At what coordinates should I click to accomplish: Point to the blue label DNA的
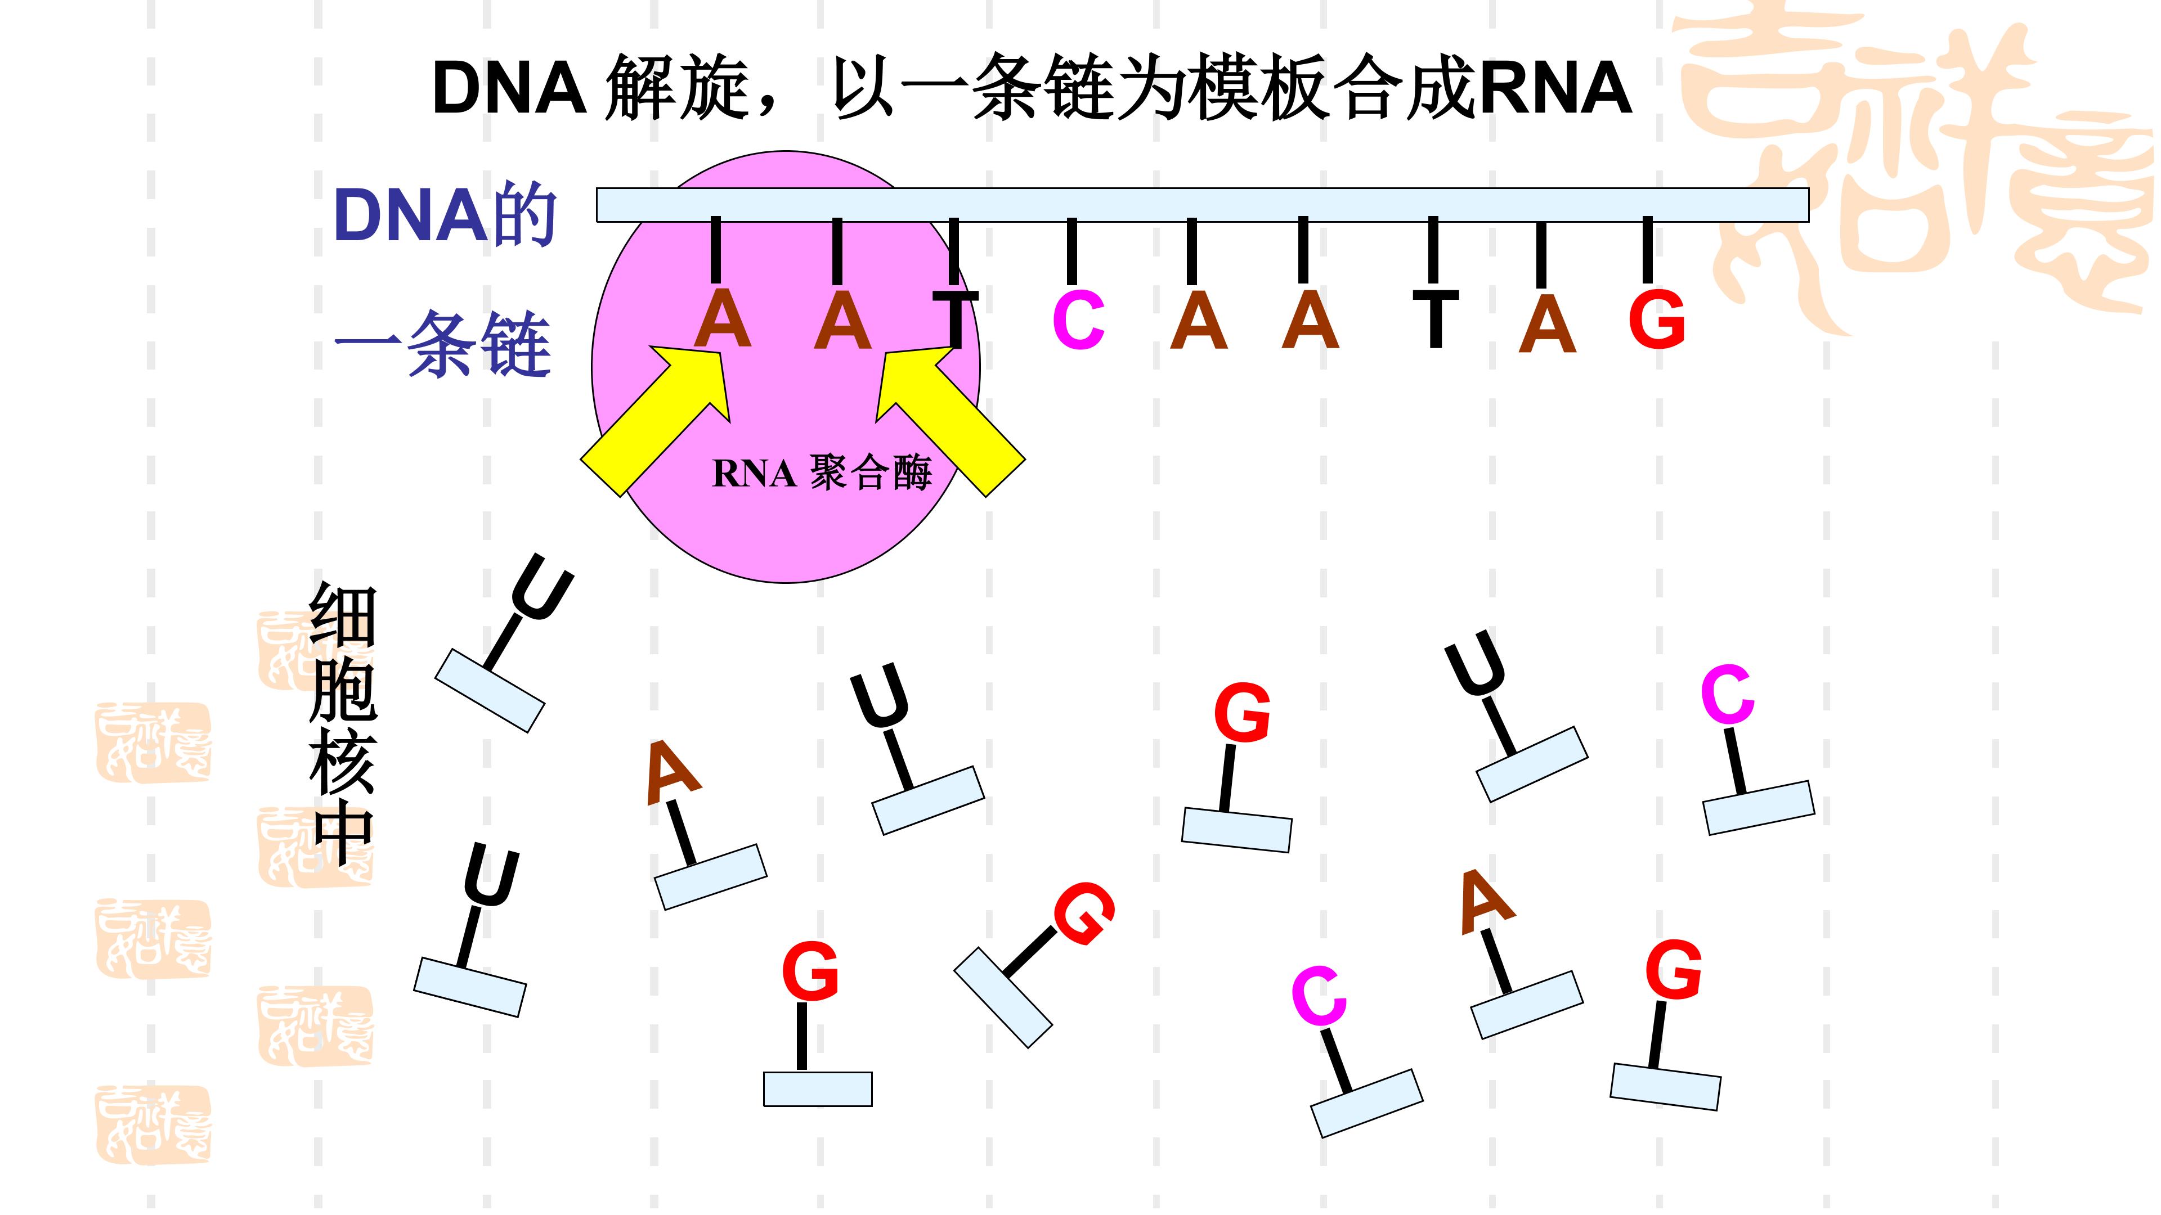pos(445,215)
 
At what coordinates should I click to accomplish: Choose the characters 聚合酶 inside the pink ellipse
pos(870,473)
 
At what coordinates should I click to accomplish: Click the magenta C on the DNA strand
pos(1078,319)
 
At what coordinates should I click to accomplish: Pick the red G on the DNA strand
pos(1657,319)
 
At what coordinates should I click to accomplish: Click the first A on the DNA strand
pos(722,319)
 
